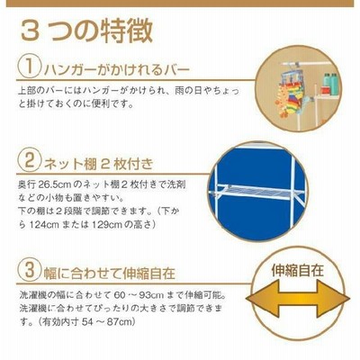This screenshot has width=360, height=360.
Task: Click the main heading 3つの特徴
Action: point(87,31)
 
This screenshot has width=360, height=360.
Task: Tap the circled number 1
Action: point(29,67)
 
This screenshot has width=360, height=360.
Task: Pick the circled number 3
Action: point(29,270)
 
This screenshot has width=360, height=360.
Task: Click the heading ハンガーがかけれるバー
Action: point(117,69)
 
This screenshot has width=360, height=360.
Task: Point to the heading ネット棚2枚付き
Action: point(99,164)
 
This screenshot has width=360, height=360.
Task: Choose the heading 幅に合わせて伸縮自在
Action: point(110,273)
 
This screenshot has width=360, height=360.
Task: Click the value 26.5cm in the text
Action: point(55,184)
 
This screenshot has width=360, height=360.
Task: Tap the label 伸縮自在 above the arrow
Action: point(298,270)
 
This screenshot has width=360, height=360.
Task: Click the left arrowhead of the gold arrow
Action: point(260,299)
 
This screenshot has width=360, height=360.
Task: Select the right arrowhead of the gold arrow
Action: point(334,299)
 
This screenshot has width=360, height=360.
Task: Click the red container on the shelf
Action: point(325,90)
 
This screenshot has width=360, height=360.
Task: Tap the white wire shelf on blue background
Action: point(258,192)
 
